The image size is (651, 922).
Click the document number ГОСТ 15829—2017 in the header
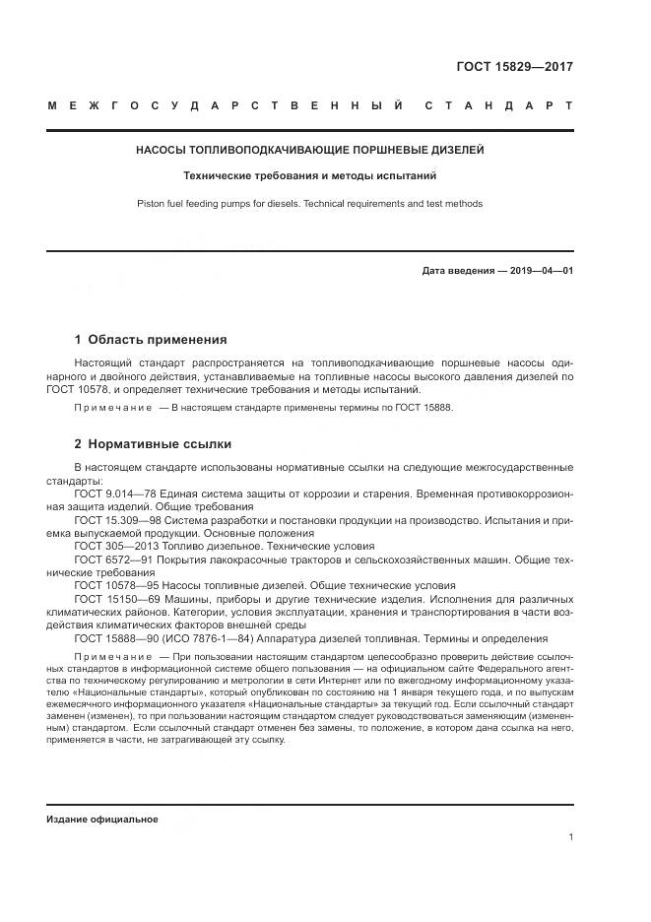[514, 68]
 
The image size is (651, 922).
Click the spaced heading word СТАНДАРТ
[498, 104]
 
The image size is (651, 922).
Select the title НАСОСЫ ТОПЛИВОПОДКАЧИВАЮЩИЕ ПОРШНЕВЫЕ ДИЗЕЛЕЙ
[309, 151]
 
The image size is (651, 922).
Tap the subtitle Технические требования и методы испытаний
[309, 177]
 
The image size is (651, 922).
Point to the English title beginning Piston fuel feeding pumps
[309, 204]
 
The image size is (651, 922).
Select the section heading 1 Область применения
[151, 340]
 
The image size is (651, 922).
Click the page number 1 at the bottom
[570, 837]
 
